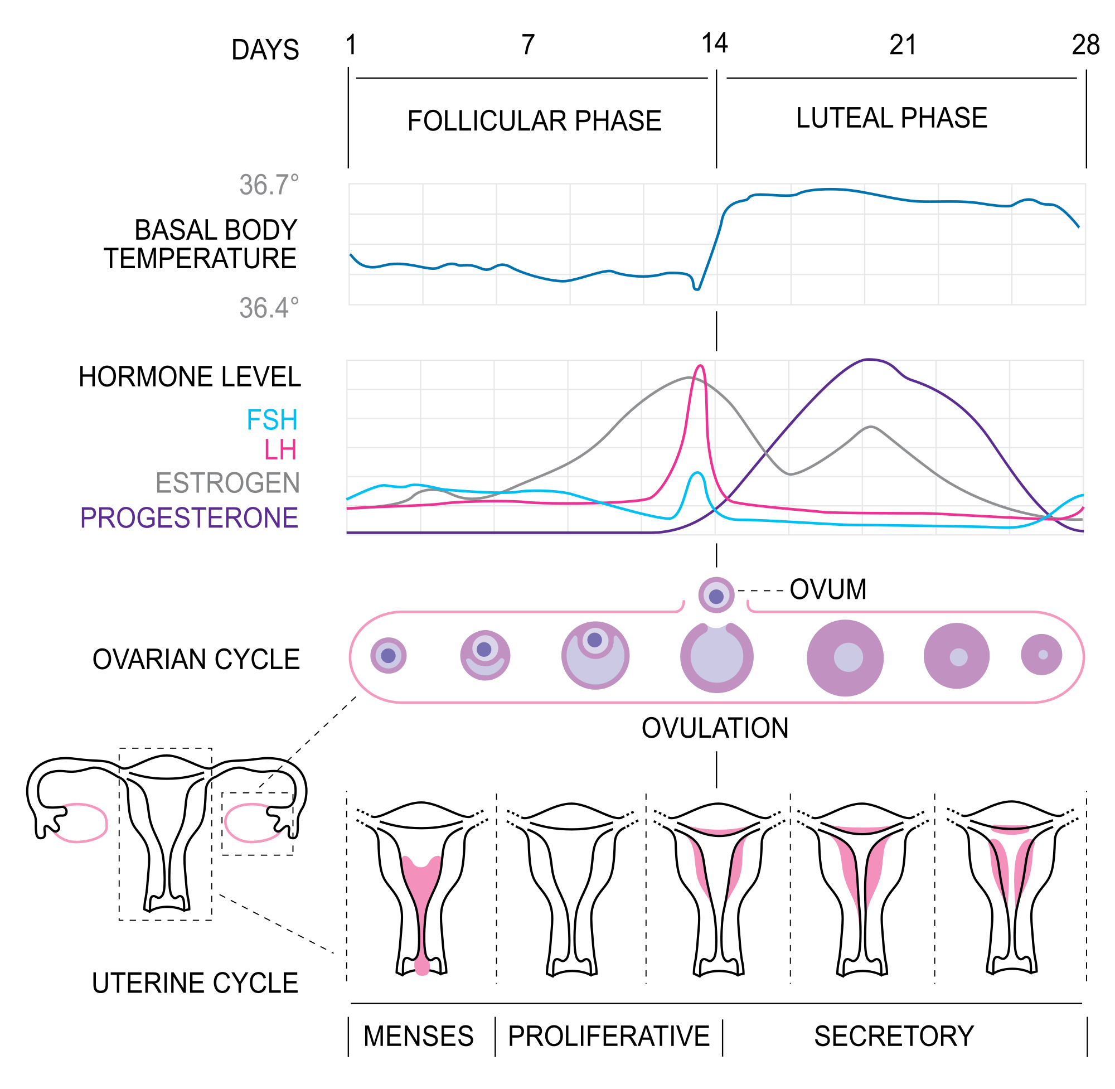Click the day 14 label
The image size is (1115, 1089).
click(x=714, y=44)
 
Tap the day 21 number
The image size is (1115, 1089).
click(x=902, y=45)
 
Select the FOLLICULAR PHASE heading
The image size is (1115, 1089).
click(x=534, y=121)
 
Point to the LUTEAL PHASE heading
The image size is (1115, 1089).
click(x=891, y=118)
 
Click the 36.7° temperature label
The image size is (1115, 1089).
click(x=269, y=185)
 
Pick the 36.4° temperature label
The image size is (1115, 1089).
click(x=269, y=308)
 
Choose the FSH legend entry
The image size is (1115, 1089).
click(x=272, y=420)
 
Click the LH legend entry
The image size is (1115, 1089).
click(x=280, y=451)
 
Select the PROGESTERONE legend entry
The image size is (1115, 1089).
click(x=189, y=518)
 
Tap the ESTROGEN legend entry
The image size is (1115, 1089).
click(x=227, y=483)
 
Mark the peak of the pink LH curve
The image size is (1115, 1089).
click(x=700, y=366)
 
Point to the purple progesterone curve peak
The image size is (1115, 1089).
click(x=869, y=360)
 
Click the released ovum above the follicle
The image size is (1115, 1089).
click(x=716, y=596)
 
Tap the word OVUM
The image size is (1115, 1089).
click(x=827, y=590)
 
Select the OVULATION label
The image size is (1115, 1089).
click(x=715, y=729)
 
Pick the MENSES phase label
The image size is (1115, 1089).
click(x=419, y=1037)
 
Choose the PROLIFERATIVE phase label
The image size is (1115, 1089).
click(x=608, y=1037)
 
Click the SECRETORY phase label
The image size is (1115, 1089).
click(x=894, y=1037)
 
